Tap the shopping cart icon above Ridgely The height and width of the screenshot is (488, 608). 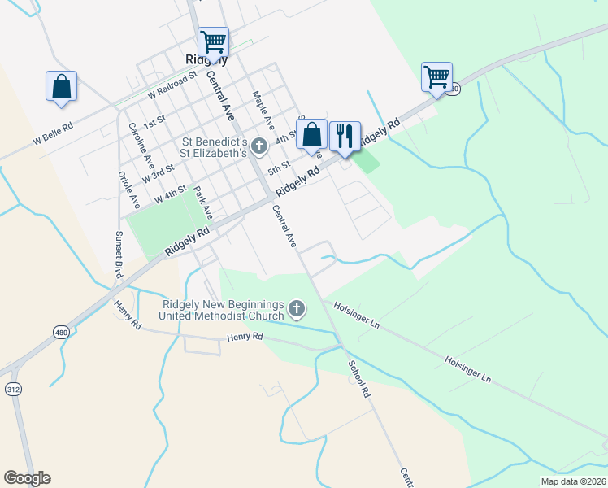[213, 41]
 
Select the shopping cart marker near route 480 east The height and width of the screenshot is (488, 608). [436, 76]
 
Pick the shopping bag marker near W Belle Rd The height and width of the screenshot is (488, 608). [61, 85]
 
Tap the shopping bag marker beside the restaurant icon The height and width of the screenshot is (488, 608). [311, 133]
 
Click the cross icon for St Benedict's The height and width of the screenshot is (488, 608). [259, 146]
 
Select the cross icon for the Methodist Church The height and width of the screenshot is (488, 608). [297, 309]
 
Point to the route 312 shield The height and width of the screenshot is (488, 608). [13, 390]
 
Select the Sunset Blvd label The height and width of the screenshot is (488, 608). [119, 252]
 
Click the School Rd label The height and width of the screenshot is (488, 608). [358, 379]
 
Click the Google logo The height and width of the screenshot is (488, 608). [27, 478]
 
